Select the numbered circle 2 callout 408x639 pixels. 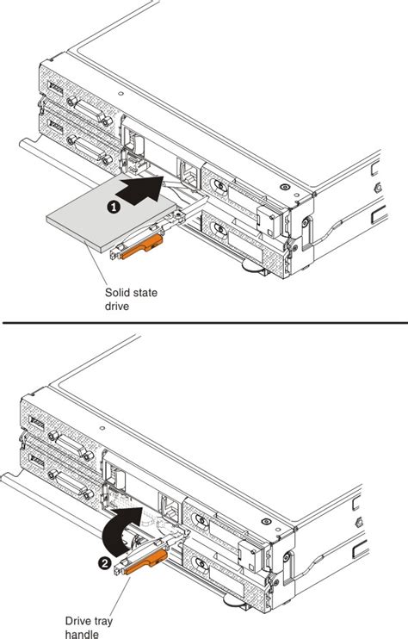pyautogui.click(x=104, y=562)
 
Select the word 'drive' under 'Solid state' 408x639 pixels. pyautogui.click(x=116, y=307)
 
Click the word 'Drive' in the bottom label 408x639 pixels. pyautogui.click(x=78, y=618)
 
